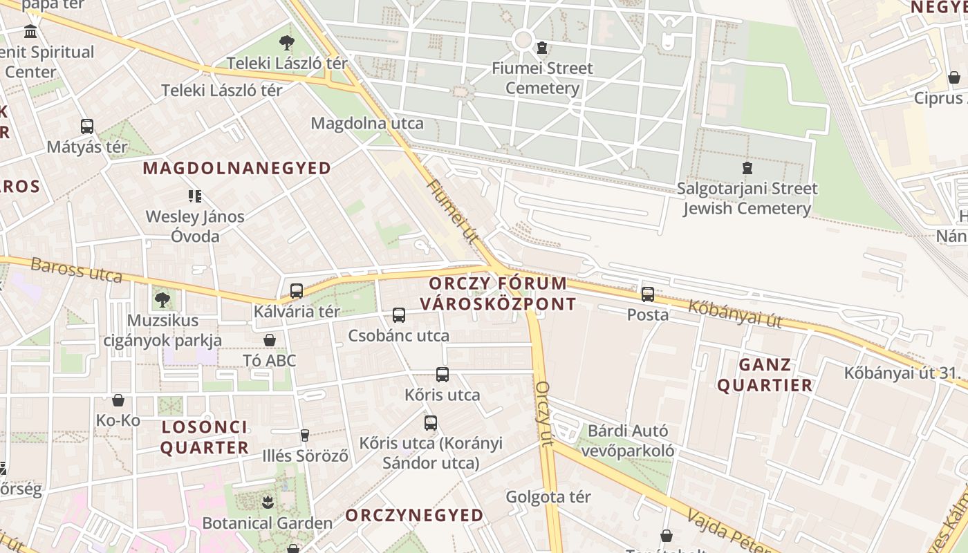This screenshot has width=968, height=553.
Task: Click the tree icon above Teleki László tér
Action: coord(286,43)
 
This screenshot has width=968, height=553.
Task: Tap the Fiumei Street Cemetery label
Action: coord(542,78)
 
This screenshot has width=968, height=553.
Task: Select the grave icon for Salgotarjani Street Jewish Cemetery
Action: coord(747,168)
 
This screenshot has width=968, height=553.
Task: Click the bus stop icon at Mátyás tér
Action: coord(86,126)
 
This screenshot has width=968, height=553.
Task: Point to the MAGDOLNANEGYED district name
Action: coord(237,168)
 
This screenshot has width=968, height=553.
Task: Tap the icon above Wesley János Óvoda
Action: coord(195,196)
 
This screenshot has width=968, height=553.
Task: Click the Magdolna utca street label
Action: coord(367,123)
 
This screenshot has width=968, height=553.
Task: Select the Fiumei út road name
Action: coord(454,212)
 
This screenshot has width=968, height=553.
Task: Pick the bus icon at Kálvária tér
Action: coord(297,291)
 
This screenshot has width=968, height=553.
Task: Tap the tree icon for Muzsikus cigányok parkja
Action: coord(162,300)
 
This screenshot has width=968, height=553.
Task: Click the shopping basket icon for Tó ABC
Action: coord(270,340)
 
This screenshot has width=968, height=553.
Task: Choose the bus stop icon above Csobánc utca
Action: coord(399,315)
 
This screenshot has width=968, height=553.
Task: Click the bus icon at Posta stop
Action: coord(648,294)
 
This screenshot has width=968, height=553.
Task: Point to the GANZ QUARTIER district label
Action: coord(765,375)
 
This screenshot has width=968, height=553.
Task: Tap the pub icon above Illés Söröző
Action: coord(305,435)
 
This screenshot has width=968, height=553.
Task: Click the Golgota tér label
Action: coord(548,496)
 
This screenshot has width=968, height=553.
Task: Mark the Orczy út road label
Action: coord(545,413)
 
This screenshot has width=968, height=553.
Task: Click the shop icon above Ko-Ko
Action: coord(118,400)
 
